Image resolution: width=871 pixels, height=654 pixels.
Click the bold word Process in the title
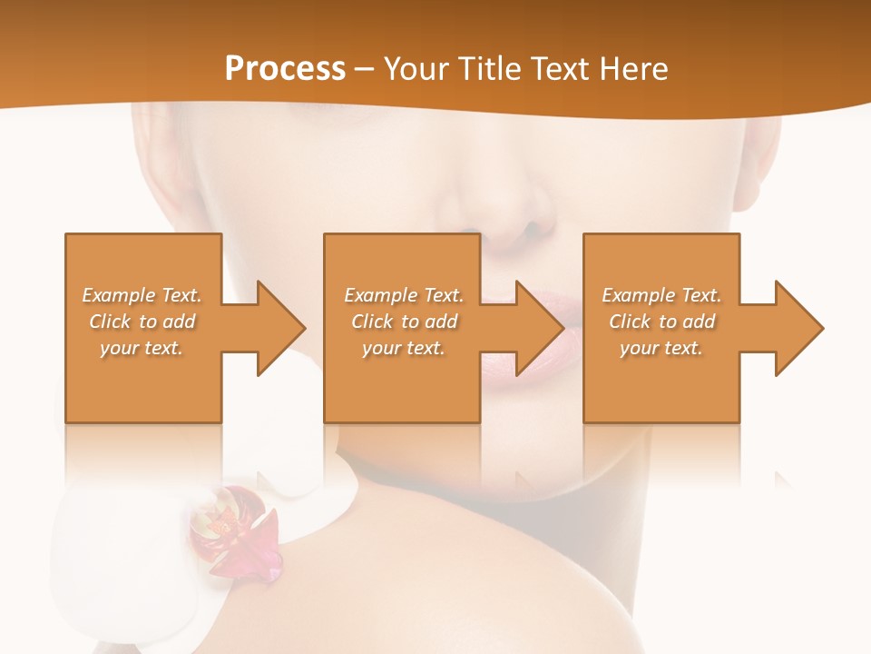point(285,69)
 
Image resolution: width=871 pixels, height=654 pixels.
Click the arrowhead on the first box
point(280,328)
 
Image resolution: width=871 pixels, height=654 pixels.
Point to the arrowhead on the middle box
point(539,328)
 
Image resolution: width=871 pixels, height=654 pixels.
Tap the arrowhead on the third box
point(798,328)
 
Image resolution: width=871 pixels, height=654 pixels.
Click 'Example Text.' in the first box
point(142,295)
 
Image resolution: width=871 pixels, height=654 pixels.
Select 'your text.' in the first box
point(142,348)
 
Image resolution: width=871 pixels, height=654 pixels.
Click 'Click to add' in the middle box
point(404,322)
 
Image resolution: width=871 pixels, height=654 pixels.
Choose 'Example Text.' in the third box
point(661,295)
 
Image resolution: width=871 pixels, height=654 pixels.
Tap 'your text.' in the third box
point(661,348)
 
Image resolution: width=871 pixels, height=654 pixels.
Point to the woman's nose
point(517,223)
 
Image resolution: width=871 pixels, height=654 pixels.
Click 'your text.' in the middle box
point(403,348)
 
